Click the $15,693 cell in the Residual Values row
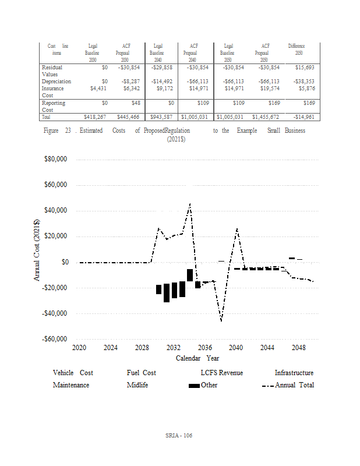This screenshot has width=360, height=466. coord(305,68)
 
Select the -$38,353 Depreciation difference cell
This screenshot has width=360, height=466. coord(303,82)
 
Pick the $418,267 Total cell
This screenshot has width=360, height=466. coord(93,117)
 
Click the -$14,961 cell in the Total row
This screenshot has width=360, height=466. coord(303,117)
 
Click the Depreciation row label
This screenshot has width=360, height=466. coord(56,82)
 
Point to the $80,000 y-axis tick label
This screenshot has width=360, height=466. coord(57,160)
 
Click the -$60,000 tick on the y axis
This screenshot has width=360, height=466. coord(56,339)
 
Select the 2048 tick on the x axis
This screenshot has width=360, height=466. coord(298,348)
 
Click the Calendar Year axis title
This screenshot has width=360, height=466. coord(197,358)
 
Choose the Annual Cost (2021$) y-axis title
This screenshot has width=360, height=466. coord(37,250)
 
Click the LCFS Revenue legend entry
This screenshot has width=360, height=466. coord(221,373)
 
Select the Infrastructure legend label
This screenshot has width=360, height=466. coord(294,373)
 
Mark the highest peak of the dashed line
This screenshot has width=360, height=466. coord(190,204)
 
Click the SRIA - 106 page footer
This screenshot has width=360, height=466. coord(179,436)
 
